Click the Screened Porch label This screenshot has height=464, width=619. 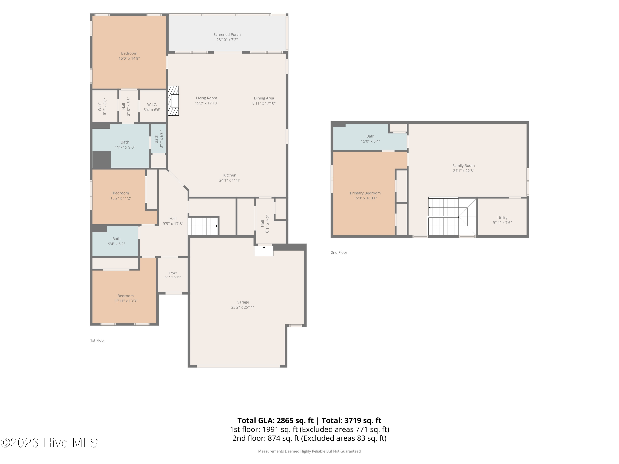click(x=227, y=35)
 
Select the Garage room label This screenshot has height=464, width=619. click(x=243, y=302)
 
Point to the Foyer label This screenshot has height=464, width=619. click(x=173, y=273)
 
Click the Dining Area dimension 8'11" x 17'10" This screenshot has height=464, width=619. click(x=264, y=103)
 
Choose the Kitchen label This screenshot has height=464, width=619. click(x=230, y=175)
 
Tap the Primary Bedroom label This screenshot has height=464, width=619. click(x=365, y=193)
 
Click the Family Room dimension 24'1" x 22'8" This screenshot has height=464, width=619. click(x=463, y=171)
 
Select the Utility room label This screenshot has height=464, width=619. click(x=502, y=218)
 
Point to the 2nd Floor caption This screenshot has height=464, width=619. click(x=339, y=253)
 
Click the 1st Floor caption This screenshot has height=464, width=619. click(x=98, y=340)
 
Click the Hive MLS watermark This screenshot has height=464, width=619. click(x=49, y=443)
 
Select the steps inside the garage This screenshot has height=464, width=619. click(x=264, y=251)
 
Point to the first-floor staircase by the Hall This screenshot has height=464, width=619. click(x=203, y=226)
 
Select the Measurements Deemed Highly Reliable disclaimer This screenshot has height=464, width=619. click(x=309, y=451)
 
